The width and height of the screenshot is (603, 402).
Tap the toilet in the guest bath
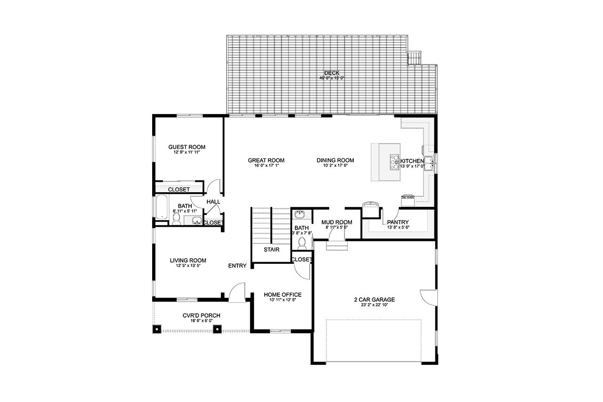177,219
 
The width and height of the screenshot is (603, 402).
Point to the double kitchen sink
429,163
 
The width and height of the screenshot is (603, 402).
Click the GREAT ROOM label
266,160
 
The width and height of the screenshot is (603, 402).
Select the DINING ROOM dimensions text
335,166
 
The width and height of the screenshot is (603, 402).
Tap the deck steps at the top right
414,58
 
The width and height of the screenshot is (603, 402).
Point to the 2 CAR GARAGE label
374,299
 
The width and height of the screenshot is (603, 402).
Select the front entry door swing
236,291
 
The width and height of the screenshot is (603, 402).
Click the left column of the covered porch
157,328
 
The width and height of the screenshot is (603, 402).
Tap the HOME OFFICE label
283,295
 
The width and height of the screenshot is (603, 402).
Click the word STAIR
270,249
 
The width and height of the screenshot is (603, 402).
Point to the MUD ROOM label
336,222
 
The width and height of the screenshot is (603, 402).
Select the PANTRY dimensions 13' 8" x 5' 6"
398,228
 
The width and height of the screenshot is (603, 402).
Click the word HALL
213,202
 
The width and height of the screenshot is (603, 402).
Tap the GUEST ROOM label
187,147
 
